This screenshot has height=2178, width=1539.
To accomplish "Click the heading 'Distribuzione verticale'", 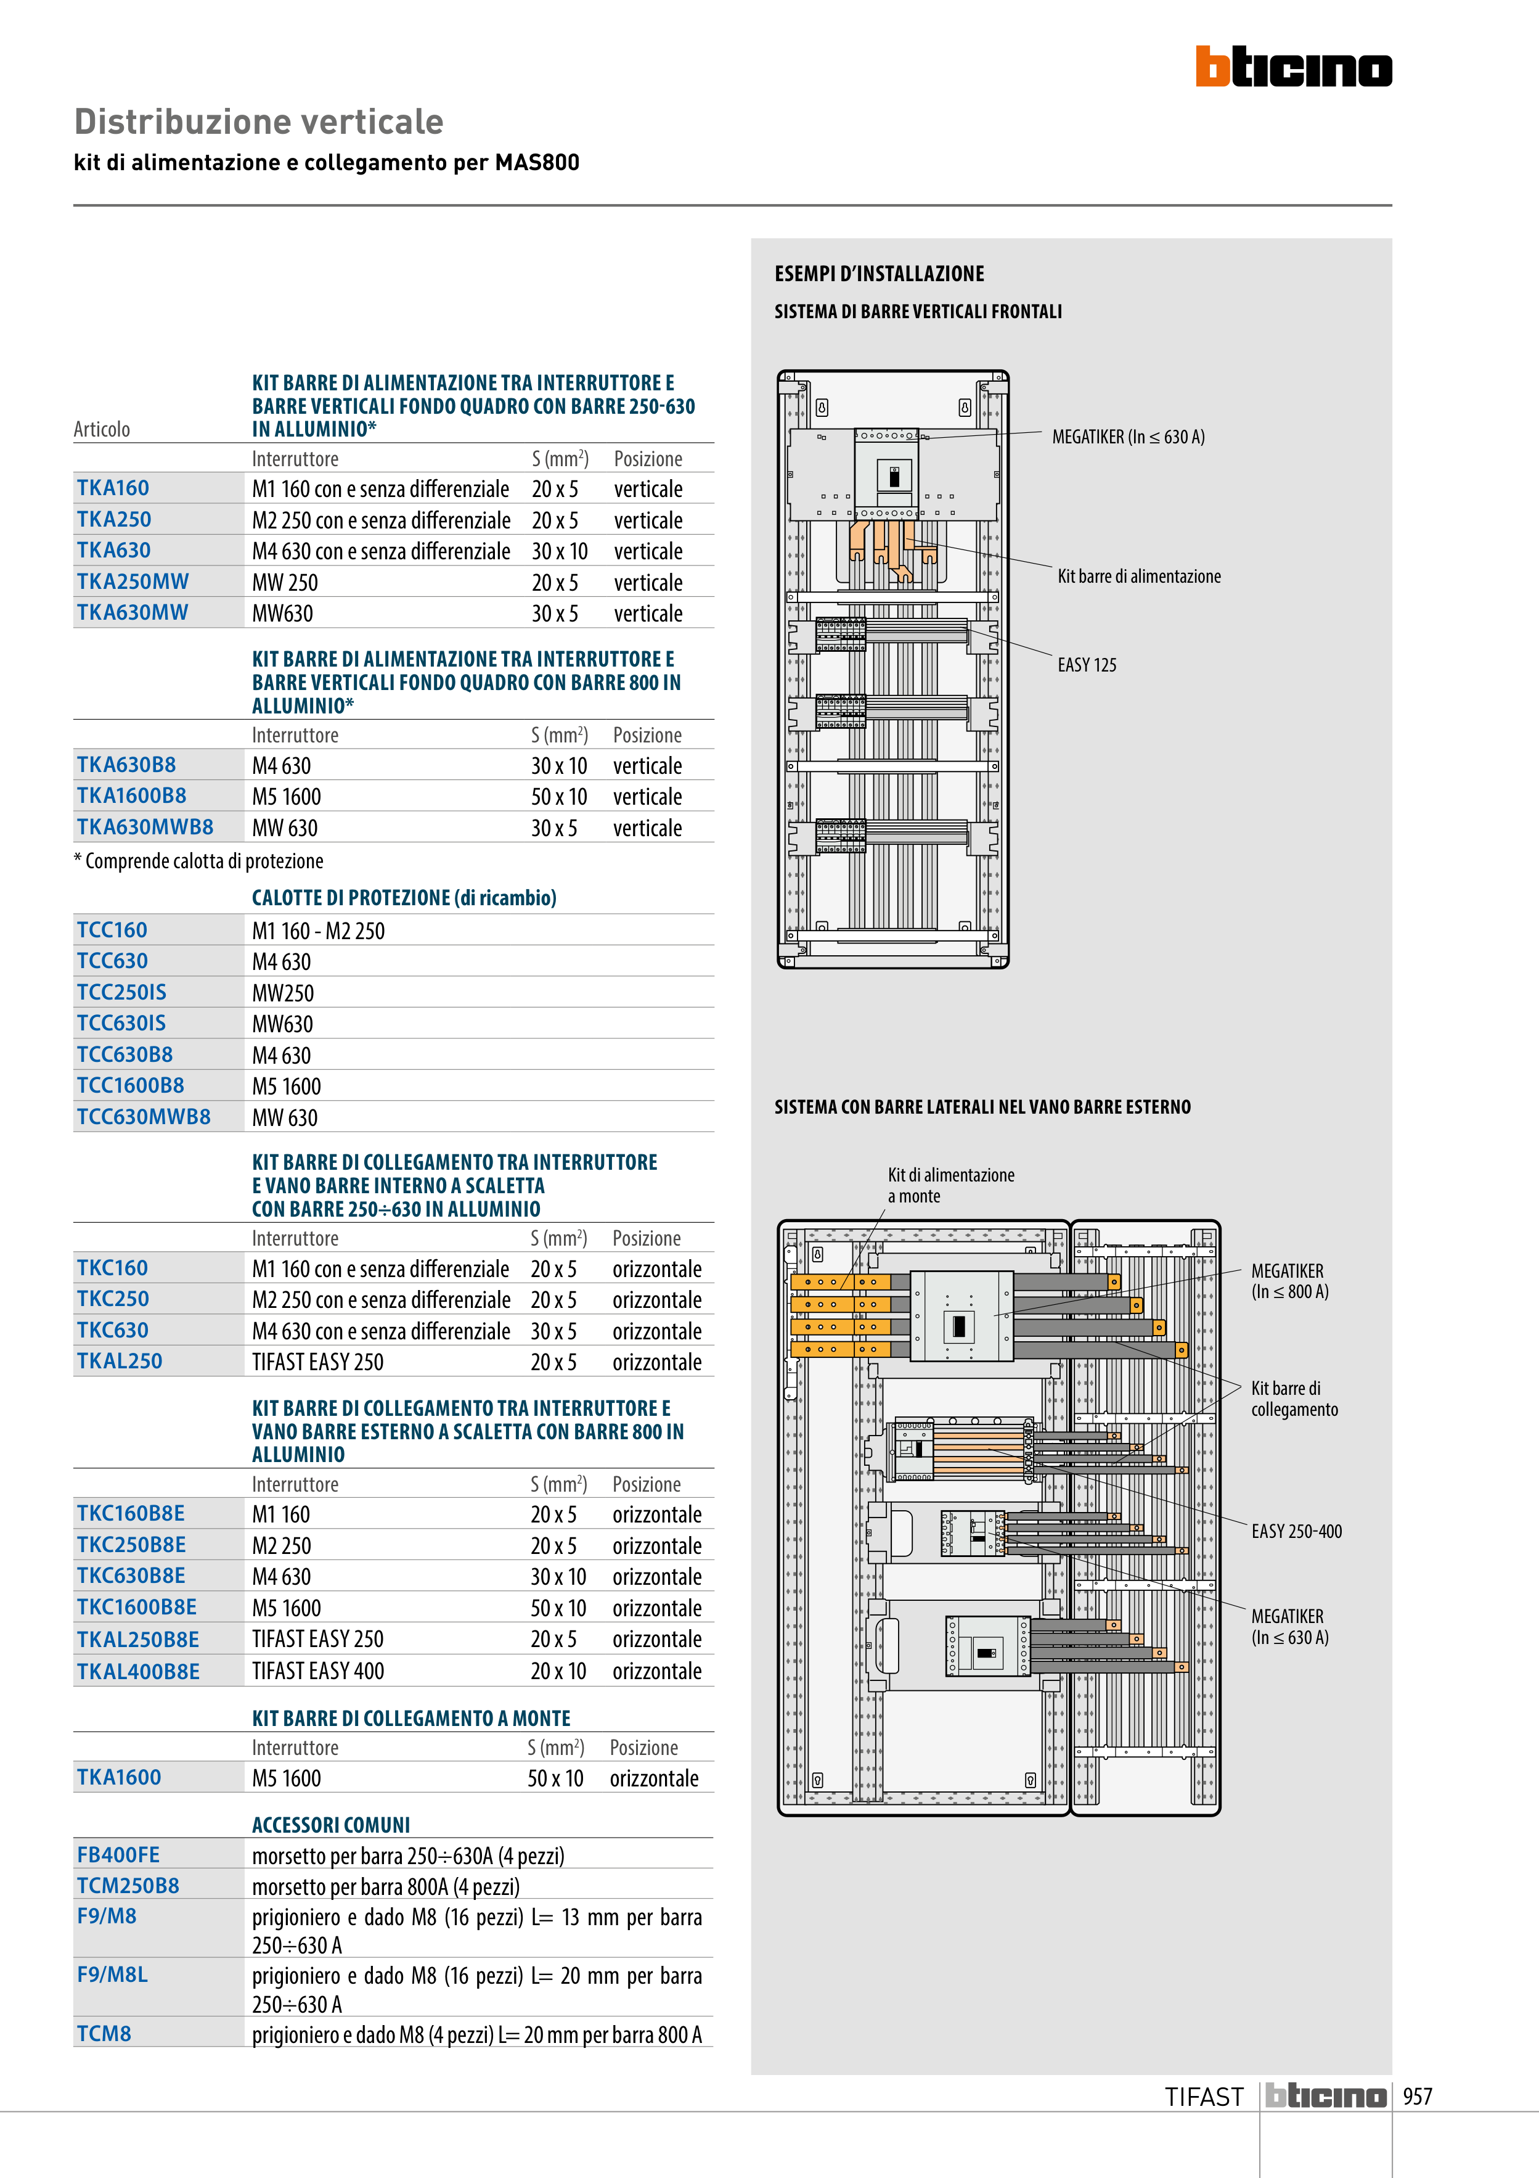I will coord(259,122).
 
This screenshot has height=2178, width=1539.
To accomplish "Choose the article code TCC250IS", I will coord(121,992).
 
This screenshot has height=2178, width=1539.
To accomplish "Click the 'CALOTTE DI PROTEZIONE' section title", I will coord(404,897).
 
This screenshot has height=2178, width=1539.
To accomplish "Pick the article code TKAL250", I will coord(120,1362).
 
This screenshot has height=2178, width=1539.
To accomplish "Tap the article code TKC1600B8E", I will coord(137,1607).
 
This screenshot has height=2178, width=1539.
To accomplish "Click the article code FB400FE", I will coord(118,1854).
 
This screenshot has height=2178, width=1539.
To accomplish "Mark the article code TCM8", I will coord(104,2034).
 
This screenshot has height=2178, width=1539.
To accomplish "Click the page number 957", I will coord(1417,2097).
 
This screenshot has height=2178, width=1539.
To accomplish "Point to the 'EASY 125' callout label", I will coord(1087,665).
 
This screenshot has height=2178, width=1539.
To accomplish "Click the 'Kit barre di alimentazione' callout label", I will coord(1139,576).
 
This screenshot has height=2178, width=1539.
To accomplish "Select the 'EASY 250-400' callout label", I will coord(1296,1531).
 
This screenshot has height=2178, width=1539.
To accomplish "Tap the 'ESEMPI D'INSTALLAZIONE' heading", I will coord(879,274).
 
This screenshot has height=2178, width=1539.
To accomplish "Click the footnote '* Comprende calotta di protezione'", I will coord(199,861).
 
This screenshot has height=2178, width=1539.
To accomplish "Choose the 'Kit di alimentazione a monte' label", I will coord(950,1185).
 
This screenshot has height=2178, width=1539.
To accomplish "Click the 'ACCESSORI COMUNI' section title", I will coord(331,1825).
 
